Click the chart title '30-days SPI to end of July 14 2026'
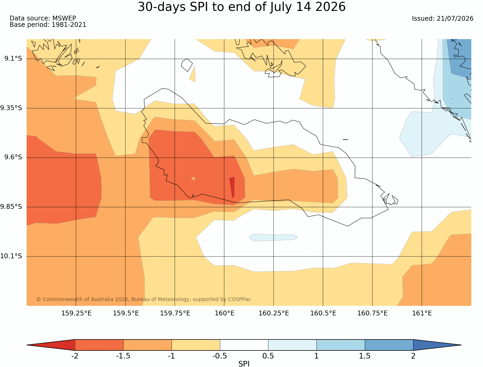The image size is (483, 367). coord(241,7)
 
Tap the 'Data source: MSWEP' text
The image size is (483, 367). coord(43,18)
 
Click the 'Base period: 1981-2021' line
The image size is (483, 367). coord(48,25)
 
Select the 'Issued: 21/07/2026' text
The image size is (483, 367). coord(443,19)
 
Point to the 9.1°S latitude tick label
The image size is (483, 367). coord(13,59)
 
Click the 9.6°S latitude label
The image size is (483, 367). coord(13,157)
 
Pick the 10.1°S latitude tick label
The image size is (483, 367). coord(11,256)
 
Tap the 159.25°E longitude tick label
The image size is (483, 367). coord(76,313)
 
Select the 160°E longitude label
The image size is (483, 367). coord(224,313)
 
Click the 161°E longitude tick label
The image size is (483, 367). coord(422,313)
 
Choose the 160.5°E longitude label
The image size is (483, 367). coord(323,313)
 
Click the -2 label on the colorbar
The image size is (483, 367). coord(75,356)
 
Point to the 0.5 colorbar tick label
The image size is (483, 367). coord(268,356)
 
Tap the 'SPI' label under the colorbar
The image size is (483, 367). coord(244,364)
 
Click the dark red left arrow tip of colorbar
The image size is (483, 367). coord(27,345)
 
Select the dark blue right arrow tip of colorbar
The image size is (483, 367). coord(461,345)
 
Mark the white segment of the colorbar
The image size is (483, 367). coord(244,345)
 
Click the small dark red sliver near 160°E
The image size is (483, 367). coord(232,187)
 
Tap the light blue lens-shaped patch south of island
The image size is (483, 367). coord(273,237)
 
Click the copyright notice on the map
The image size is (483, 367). coord(144,299)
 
